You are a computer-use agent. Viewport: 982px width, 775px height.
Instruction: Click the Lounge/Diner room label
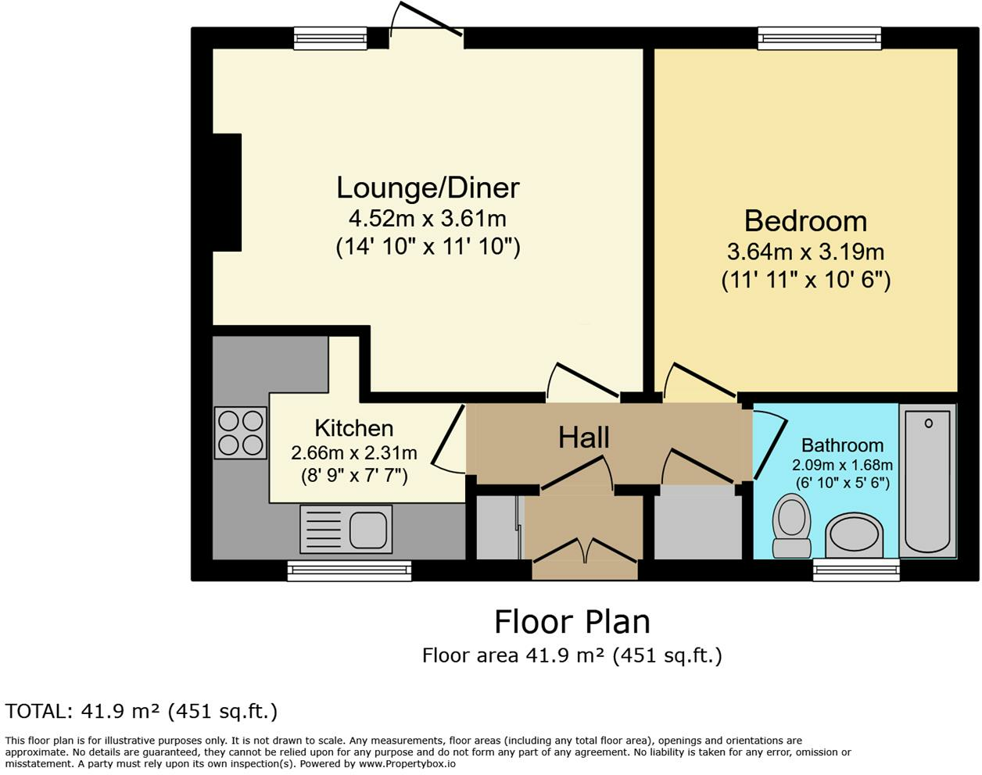tap(428, 188)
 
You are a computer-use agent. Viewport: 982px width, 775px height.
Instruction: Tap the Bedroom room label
tap(805, 221)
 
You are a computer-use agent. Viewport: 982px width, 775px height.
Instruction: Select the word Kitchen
tap(353, 428)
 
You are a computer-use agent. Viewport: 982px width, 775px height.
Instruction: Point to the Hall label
tap(583, 437)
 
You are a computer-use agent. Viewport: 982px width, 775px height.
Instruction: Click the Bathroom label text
tap(842, 445)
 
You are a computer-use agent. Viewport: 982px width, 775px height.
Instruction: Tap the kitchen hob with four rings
tap(241, 433)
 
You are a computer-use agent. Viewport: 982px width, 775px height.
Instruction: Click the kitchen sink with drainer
tap(346, 529)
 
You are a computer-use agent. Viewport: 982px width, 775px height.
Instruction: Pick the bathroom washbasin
tap(855, 534)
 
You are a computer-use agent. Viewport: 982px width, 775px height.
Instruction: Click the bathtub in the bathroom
tap(928, 480)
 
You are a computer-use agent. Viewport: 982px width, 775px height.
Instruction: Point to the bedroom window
tap(819, 38)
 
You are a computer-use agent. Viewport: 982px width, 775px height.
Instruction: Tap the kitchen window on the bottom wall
tap(349, 570)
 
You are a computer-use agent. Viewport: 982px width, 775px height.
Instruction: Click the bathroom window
tap(856, 570)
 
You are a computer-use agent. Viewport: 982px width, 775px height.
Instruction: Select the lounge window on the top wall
tap(331, 38)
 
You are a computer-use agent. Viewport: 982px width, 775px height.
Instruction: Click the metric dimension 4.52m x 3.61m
tap(428, 219)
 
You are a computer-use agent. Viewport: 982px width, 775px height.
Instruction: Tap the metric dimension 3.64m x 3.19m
tap(805, 252)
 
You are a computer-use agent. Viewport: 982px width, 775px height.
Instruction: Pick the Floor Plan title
tap(572, 622)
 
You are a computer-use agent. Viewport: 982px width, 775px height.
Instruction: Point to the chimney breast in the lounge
tap(227, 192)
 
